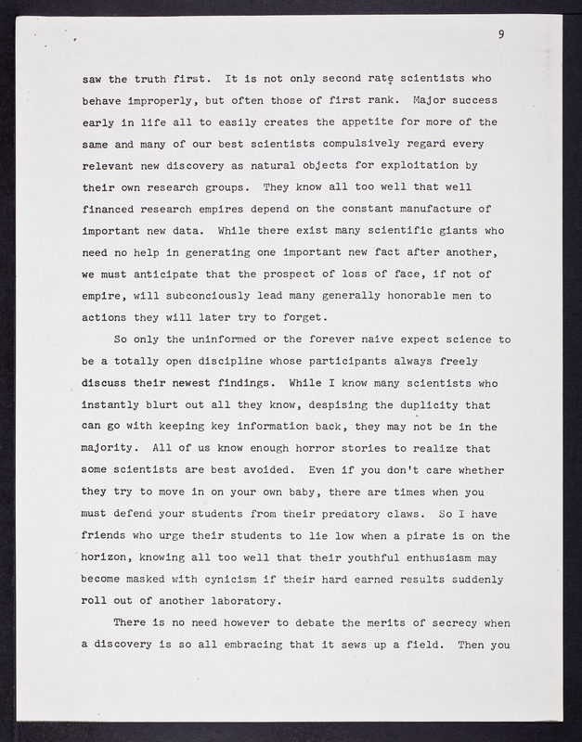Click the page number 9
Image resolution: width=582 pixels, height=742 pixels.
tap(500, 34)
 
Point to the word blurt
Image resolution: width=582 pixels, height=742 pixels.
tap(163, 404)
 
